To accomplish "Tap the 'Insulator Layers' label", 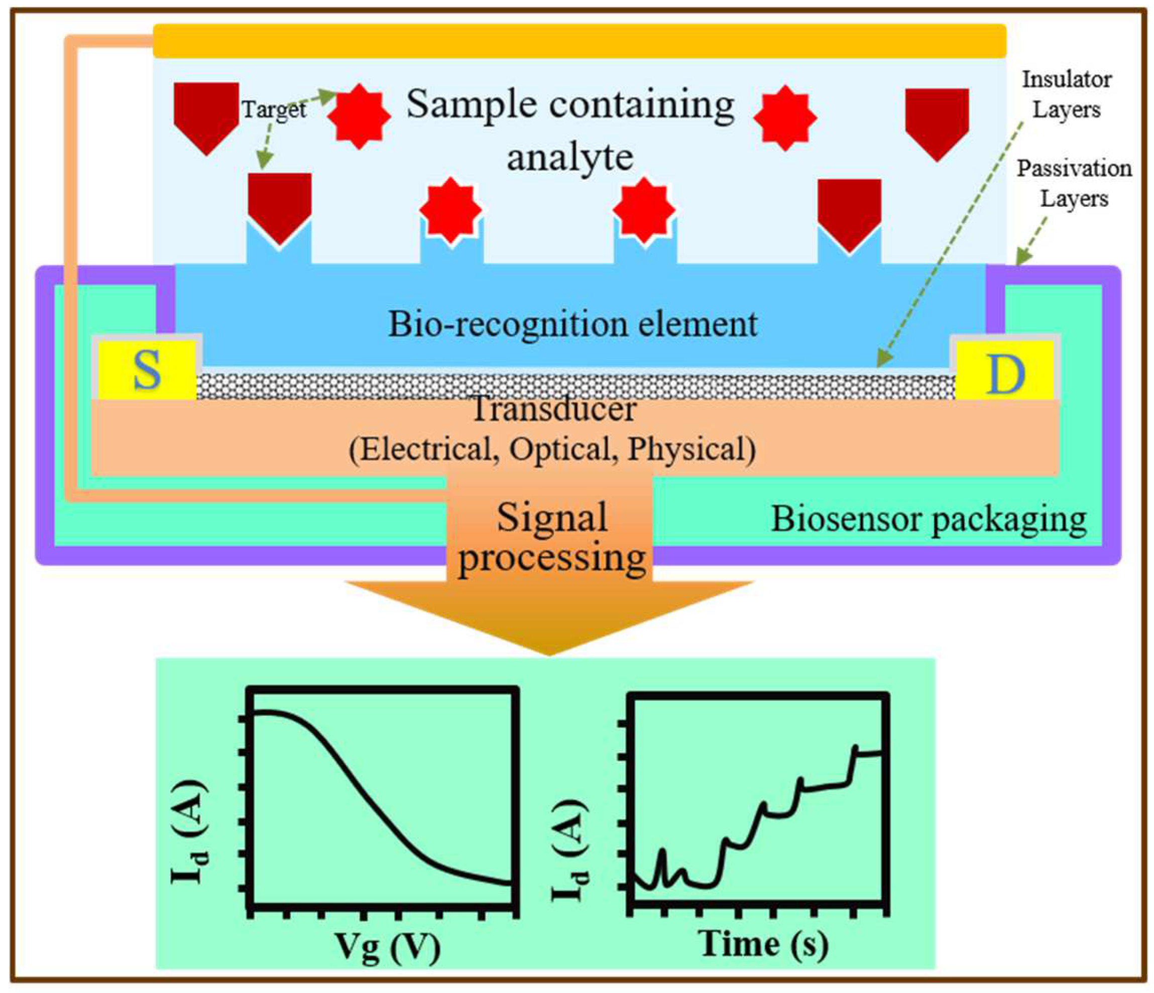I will pos(1066,95).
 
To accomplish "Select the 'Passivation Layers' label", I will pos(1074,183).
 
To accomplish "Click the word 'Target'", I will pos(274,109).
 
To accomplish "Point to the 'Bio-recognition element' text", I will pos(572,324).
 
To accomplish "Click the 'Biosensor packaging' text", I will pos(929,519).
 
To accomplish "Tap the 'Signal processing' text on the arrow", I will pos(551,538).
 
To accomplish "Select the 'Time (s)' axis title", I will pos(764,943).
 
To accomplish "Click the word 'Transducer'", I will pos(553,410).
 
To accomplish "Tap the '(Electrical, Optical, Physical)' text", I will pos(552,449).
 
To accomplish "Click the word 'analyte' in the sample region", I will pos(570,158).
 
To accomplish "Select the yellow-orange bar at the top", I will pos(579,41).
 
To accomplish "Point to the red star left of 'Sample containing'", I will pos(359,116).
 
